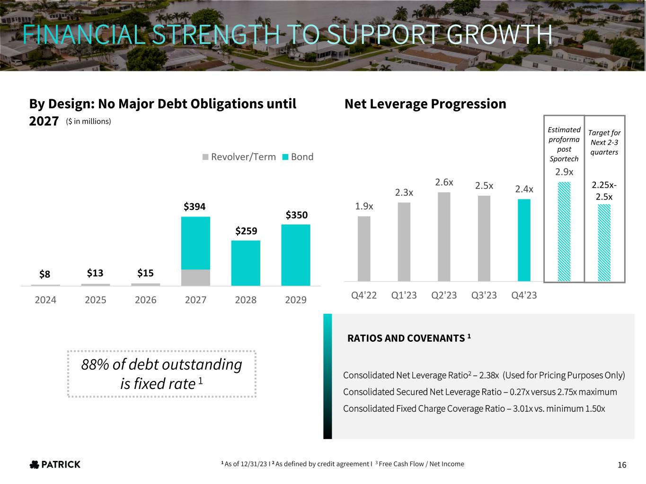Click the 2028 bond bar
[246, 263]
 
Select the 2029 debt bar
[296, 255]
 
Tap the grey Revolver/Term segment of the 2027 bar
[195, 277]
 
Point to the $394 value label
[195, 207]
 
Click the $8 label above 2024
[45, 274]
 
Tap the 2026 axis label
[145, 300]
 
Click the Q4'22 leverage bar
[364, 249]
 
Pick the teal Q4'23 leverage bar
[524, 240]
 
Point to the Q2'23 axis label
[444, 295]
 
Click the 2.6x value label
[444, 182]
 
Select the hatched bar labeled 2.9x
[564, 232]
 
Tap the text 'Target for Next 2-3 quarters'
[604, 142]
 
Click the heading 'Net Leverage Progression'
[425, 104]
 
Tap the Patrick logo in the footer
[55, 464]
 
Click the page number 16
[622, 465]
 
